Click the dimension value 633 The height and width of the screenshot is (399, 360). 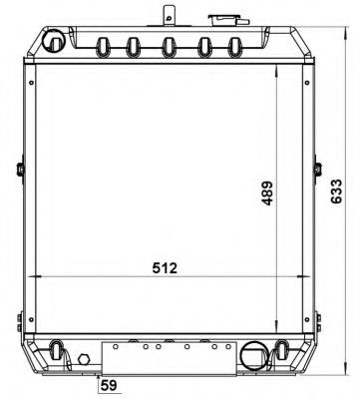point(336,192)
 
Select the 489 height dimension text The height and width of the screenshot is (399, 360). point(266,193)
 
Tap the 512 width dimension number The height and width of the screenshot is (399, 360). point(165,268)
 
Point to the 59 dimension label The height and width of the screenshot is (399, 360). point(109,385)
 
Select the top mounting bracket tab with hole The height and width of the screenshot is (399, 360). point(169,15)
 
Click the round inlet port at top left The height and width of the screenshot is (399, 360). point(53,41)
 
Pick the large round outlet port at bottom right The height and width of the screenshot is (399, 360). point(253,355)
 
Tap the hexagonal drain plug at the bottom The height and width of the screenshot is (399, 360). point(84,359)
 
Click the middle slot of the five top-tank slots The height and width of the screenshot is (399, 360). point(169,47)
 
